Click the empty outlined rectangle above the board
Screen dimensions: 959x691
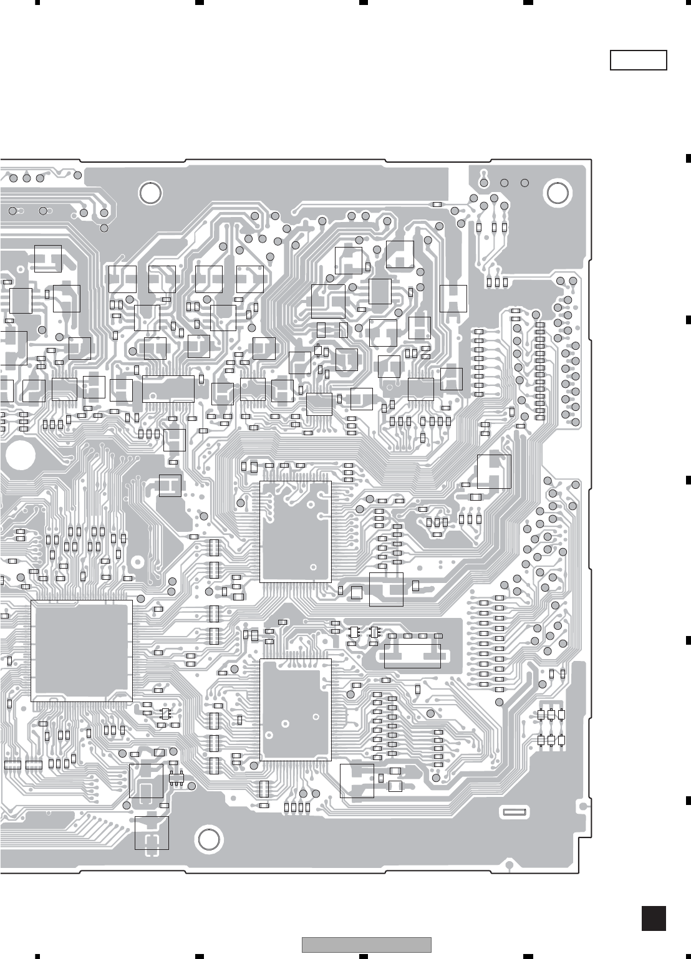[x=638, y=60]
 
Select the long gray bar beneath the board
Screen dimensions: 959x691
[x=367, y=945]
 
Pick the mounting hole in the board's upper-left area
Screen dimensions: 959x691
[x=150, y=193]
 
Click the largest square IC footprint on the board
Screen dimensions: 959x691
[x=81, y=650]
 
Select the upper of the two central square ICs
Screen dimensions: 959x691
[x=295, y=531]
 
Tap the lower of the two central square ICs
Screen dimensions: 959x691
[x=295, y=710]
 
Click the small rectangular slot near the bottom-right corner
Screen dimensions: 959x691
[x=515, y=811]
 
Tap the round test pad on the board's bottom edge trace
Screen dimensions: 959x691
[x=510, y=865]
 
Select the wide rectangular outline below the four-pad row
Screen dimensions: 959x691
[x=412, y=654]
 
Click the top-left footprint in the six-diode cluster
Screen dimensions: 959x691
[x=541, y=715]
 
